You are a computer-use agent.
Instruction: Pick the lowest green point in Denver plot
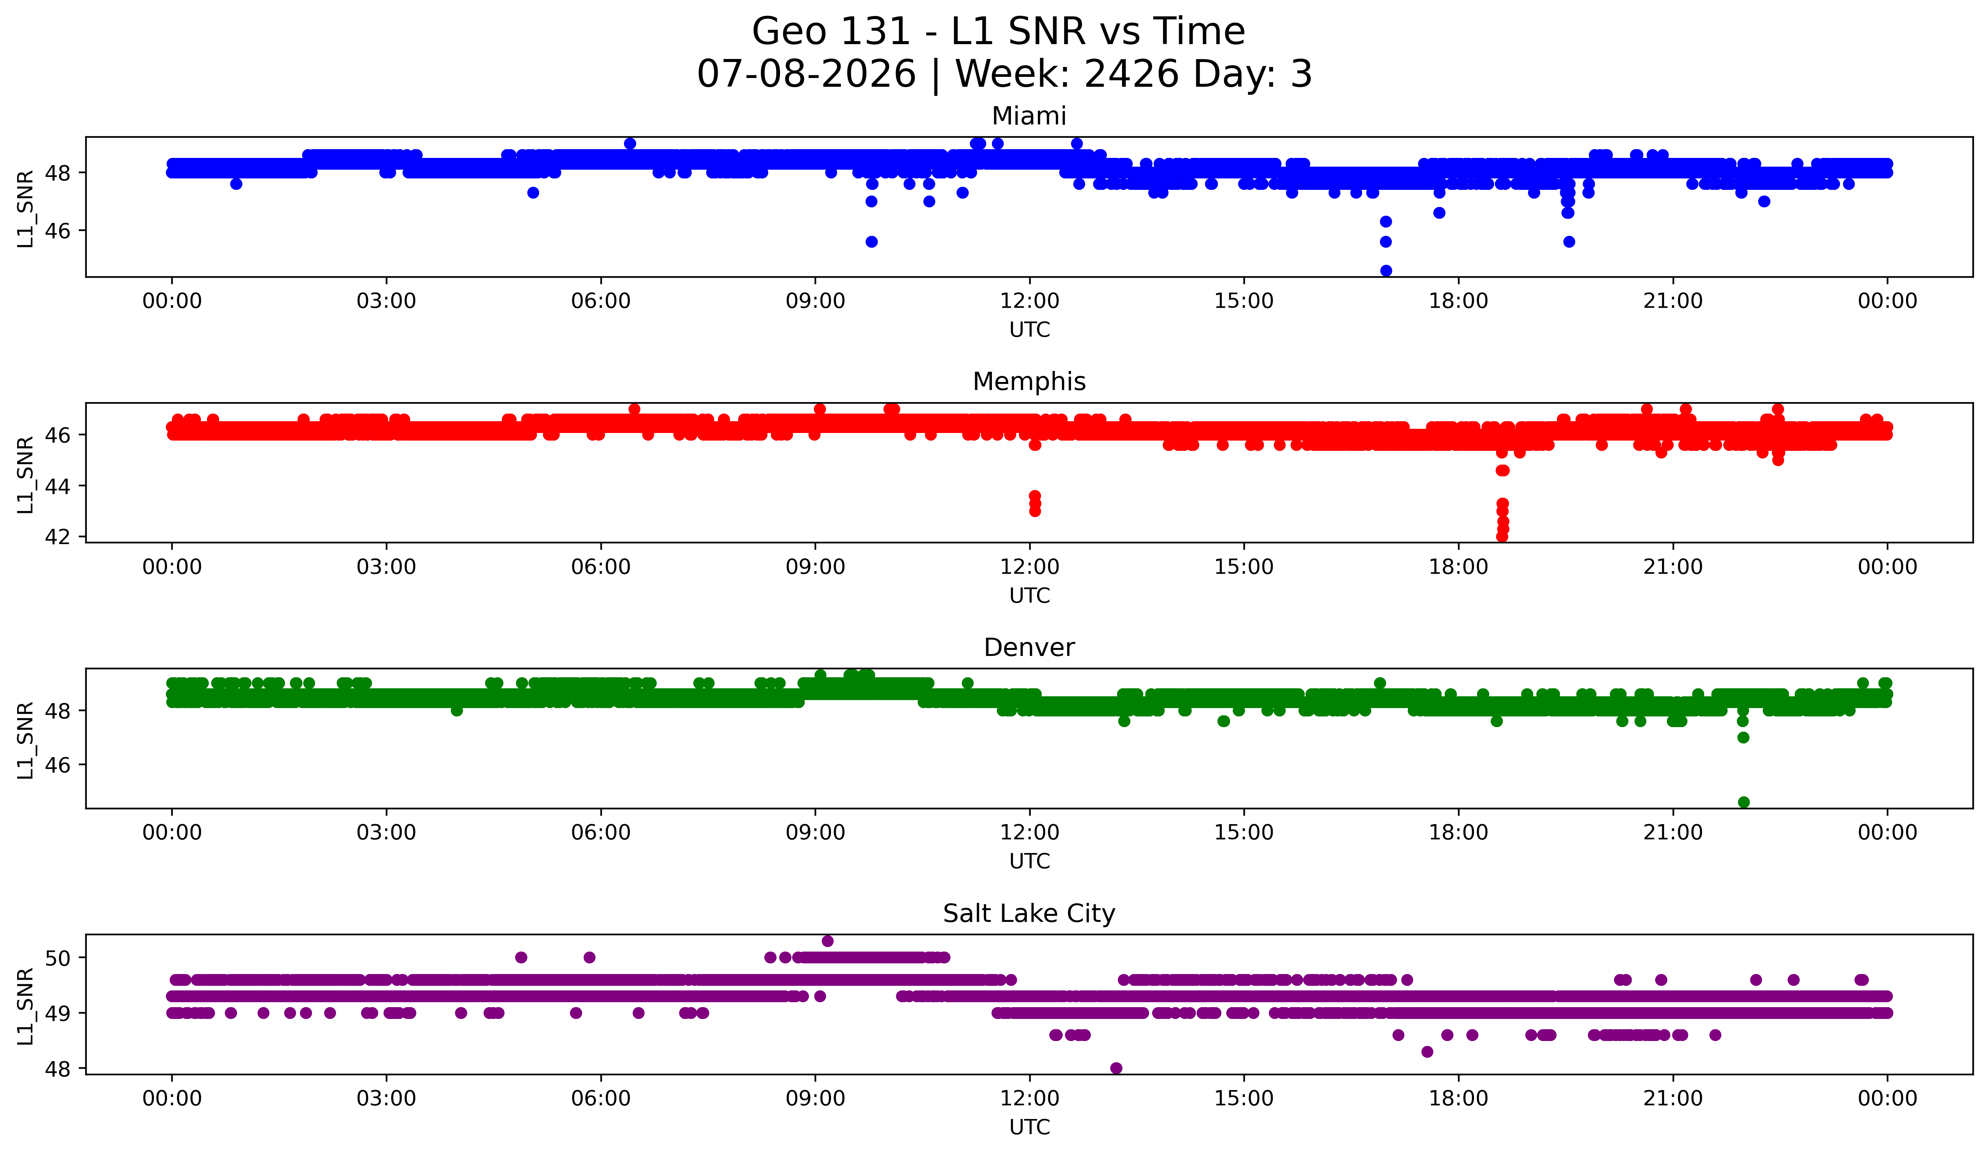pos(1743,802)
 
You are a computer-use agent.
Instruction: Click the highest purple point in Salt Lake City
pos(828,941)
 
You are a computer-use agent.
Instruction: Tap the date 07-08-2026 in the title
pos(806,74)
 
